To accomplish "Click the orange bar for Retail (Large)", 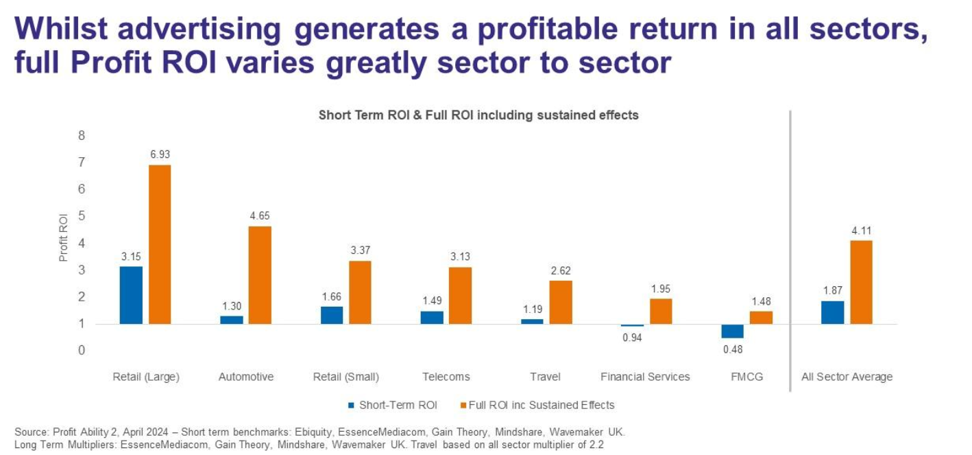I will tap(160, 244).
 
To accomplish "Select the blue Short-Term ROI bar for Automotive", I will tap(232, 320).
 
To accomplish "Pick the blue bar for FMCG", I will tap(732, 331).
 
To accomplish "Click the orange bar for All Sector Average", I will tap(861, 282).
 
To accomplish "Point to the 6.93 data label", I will tap(160, 154).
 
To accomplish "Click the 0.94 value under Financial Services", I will tap(632, 336).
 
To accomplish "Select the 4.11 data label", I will tap(861, 231).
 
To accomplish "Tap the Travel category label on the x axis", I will tap(545, 377).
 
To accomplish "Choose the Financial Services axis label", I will tap(645, 377).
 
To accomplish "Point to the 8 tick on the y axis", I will tap(82, 136).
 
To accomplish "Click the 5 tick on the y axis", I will tap(82, 216).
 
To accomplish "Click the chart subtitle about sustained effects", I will tap(478, 115).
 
